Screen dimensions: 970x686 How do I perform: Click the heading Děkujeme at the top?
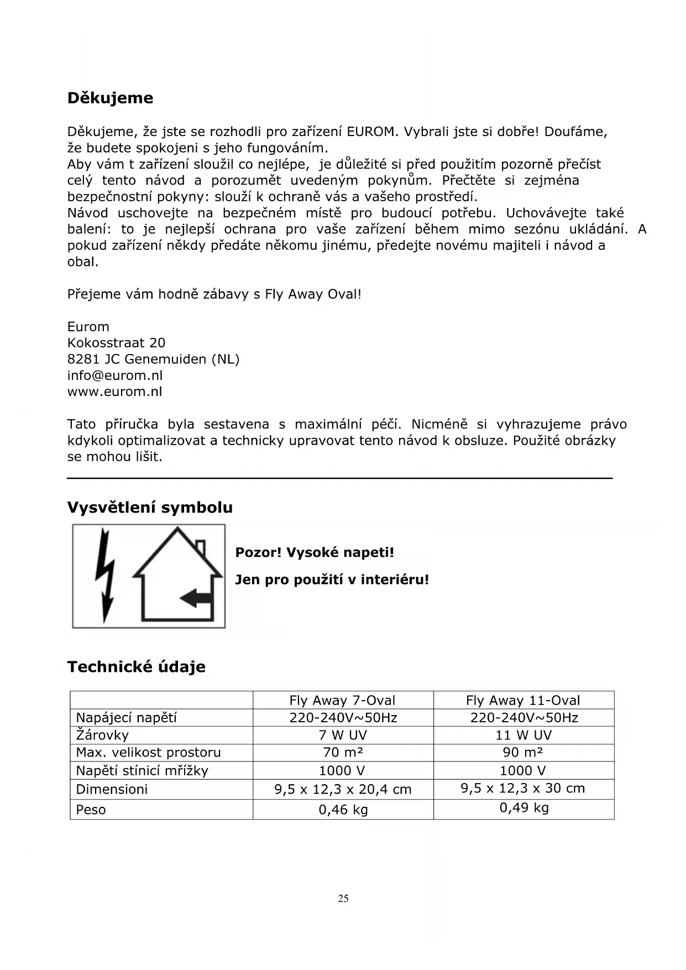[x=110, y=98]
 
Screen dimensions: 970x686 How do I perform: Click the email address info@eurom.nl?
[x=115, y=376]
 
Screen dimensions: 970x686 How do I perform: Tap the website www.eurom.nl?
[x=114, y=392]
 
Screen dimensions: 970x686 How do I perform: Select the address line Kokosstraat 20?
[x=116, y=343]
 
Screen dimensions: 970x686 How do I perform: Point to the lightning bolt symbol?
[x=105, y=575]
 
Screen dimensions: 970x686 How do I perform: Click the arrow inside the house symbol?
[x=196, y=597]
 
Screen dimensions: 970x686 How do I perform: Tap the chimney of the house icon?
[x=201, y=547]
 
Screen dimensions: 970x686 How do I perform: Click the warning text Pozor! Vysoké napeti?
[x=315, y=552]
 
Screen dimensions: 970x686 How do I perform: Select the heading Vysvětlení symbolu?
[x=150, y=508]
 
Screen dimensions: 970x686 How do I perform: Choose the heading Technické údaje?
[x=136, y=667]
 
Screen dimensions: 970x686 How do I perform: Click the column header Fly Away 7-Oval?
[x=342, y=701]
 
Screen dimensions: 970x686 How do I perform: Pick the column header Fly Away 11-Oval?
[x=523, y=701]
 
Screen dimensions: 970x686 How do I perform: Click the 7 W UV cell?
[x=343, y=736]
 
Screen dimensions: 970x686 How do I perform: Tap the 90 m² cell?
[x=523, y=753]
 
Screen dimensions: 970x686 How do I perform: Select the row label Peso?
[x=91, y=810]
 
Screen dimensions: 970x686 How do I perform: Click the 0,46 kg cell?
[x=343, y=810]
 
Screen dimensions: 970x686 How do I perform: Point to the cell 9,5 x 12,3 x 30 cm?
[x=523, y=789]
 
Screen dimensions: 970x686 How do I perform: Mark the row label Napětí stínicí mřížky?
[x=142, y=771]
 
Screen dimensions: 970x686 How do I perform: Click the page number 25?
[x=343, y=899]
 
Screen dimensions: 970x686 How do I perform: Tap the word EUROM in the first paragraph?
[x=372, y=132]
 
